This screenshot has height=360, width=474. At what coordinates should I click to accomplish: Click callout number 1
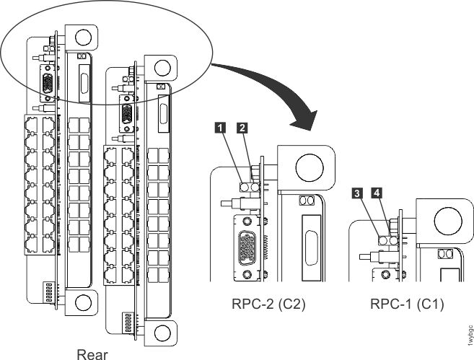click(x=220, y=128)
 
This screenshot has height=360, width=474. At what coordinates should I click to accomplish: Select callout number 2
click(x=242, y=128)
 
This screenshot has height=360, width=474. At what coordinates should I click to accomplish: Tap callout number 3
click(x=357, y=193)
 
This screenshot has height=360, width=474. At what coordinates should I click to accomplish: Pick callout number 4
click(x=377, y=192)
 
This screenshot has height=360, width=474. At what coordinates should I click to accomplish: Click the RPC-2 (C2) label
click(x=268, y=304)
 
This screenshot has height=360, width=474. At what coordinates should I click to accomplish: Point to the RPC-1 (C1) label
click(x=407, y=304)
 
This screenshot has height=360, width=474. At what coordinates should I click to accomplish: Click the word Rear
click(x=92, y=354)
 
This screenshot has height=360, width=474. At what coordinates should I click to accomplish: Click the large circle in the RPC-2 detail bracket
click(x=310, y=167)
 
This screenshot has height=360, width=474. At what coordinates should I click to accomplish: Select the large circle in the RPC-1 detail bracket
click(x=448, y=221)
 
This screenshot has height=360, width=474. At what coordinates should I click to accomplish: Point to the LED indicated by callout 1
click(x=245, y=188)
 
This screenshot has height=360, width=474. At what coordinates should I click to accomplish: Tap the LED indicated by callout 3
click(x=382, y=241)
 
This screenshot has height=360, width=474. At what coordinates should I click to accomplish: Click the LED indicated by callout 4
click(x=393, y=241)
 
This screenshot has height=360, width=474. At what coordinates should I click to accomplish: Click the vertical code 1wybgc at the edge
click(x=470, y=335)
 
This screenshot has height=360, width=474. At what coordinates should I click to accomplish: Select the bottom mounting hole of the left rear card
click(x=83, y=302)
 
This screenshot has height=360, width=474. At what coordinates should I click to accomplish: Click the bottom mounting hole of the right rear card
click(x=162, y=333)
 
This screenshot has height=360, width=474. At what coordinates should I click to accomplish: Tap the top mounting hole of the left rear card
click(x=83, y=38)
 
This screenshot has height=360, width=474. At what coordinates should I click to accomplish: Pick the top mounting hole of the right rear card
click(x=162, y=68)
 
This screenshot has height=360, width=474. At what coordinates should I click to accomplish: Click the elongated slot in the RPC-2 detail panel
click(x=312, y=247)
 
